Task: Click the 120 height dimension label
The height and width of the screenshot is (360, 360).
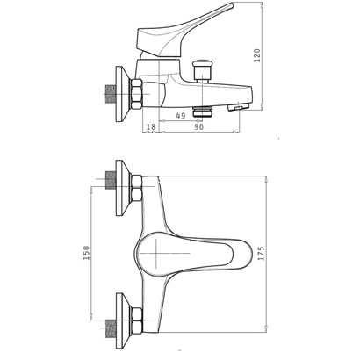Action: [256, 55]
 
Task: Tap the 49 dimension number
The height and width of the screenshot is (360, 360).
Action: [181, 116]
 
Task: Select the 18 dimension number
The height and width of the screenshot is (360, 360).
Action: [151, 126]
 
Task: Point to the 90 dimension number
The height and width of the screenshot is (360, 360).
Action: [198, 126]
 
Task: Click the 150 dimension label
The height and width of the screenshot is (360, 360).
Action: [86, 253]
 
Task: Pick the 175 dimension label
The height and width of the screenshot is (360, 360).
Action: [261, 254]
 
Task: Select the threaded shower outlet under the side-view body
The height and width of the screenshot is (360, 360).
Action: [202, 112]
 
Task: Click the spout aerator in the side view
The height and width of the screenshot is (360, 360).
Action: [238, 107]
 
